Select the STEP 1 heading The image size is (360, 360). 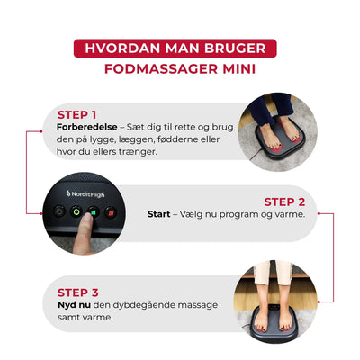coord(76,115)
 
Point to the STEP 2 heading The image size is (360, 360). coord(284,202)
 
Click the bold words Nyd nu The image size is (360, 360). coord(73,305)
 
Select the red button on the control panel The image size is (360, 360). coord(110,213)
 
